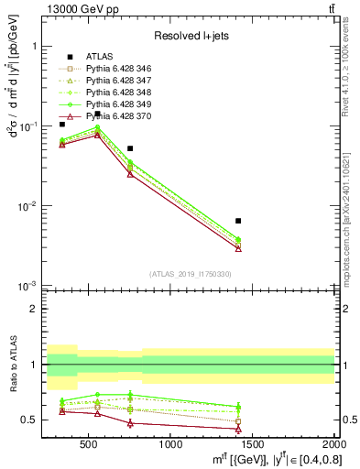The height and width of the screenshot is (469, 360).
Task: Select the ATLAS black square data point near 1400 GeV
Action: click(238, 221)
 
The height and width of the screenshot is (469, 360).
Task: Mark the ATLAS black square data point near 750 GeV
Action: click(130, 148)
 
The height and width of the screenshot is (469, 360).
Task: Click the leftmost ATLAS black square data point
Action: click(62, 124)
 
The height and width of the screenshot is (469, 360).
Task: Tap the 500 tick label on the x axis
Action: click(89, 445)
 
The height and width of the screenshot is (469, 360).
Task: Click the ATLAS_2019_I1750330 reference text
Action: click(191, 274)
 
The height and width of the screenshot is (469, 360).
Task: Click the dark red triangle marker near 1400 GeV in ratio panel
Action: click(238, 429)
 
